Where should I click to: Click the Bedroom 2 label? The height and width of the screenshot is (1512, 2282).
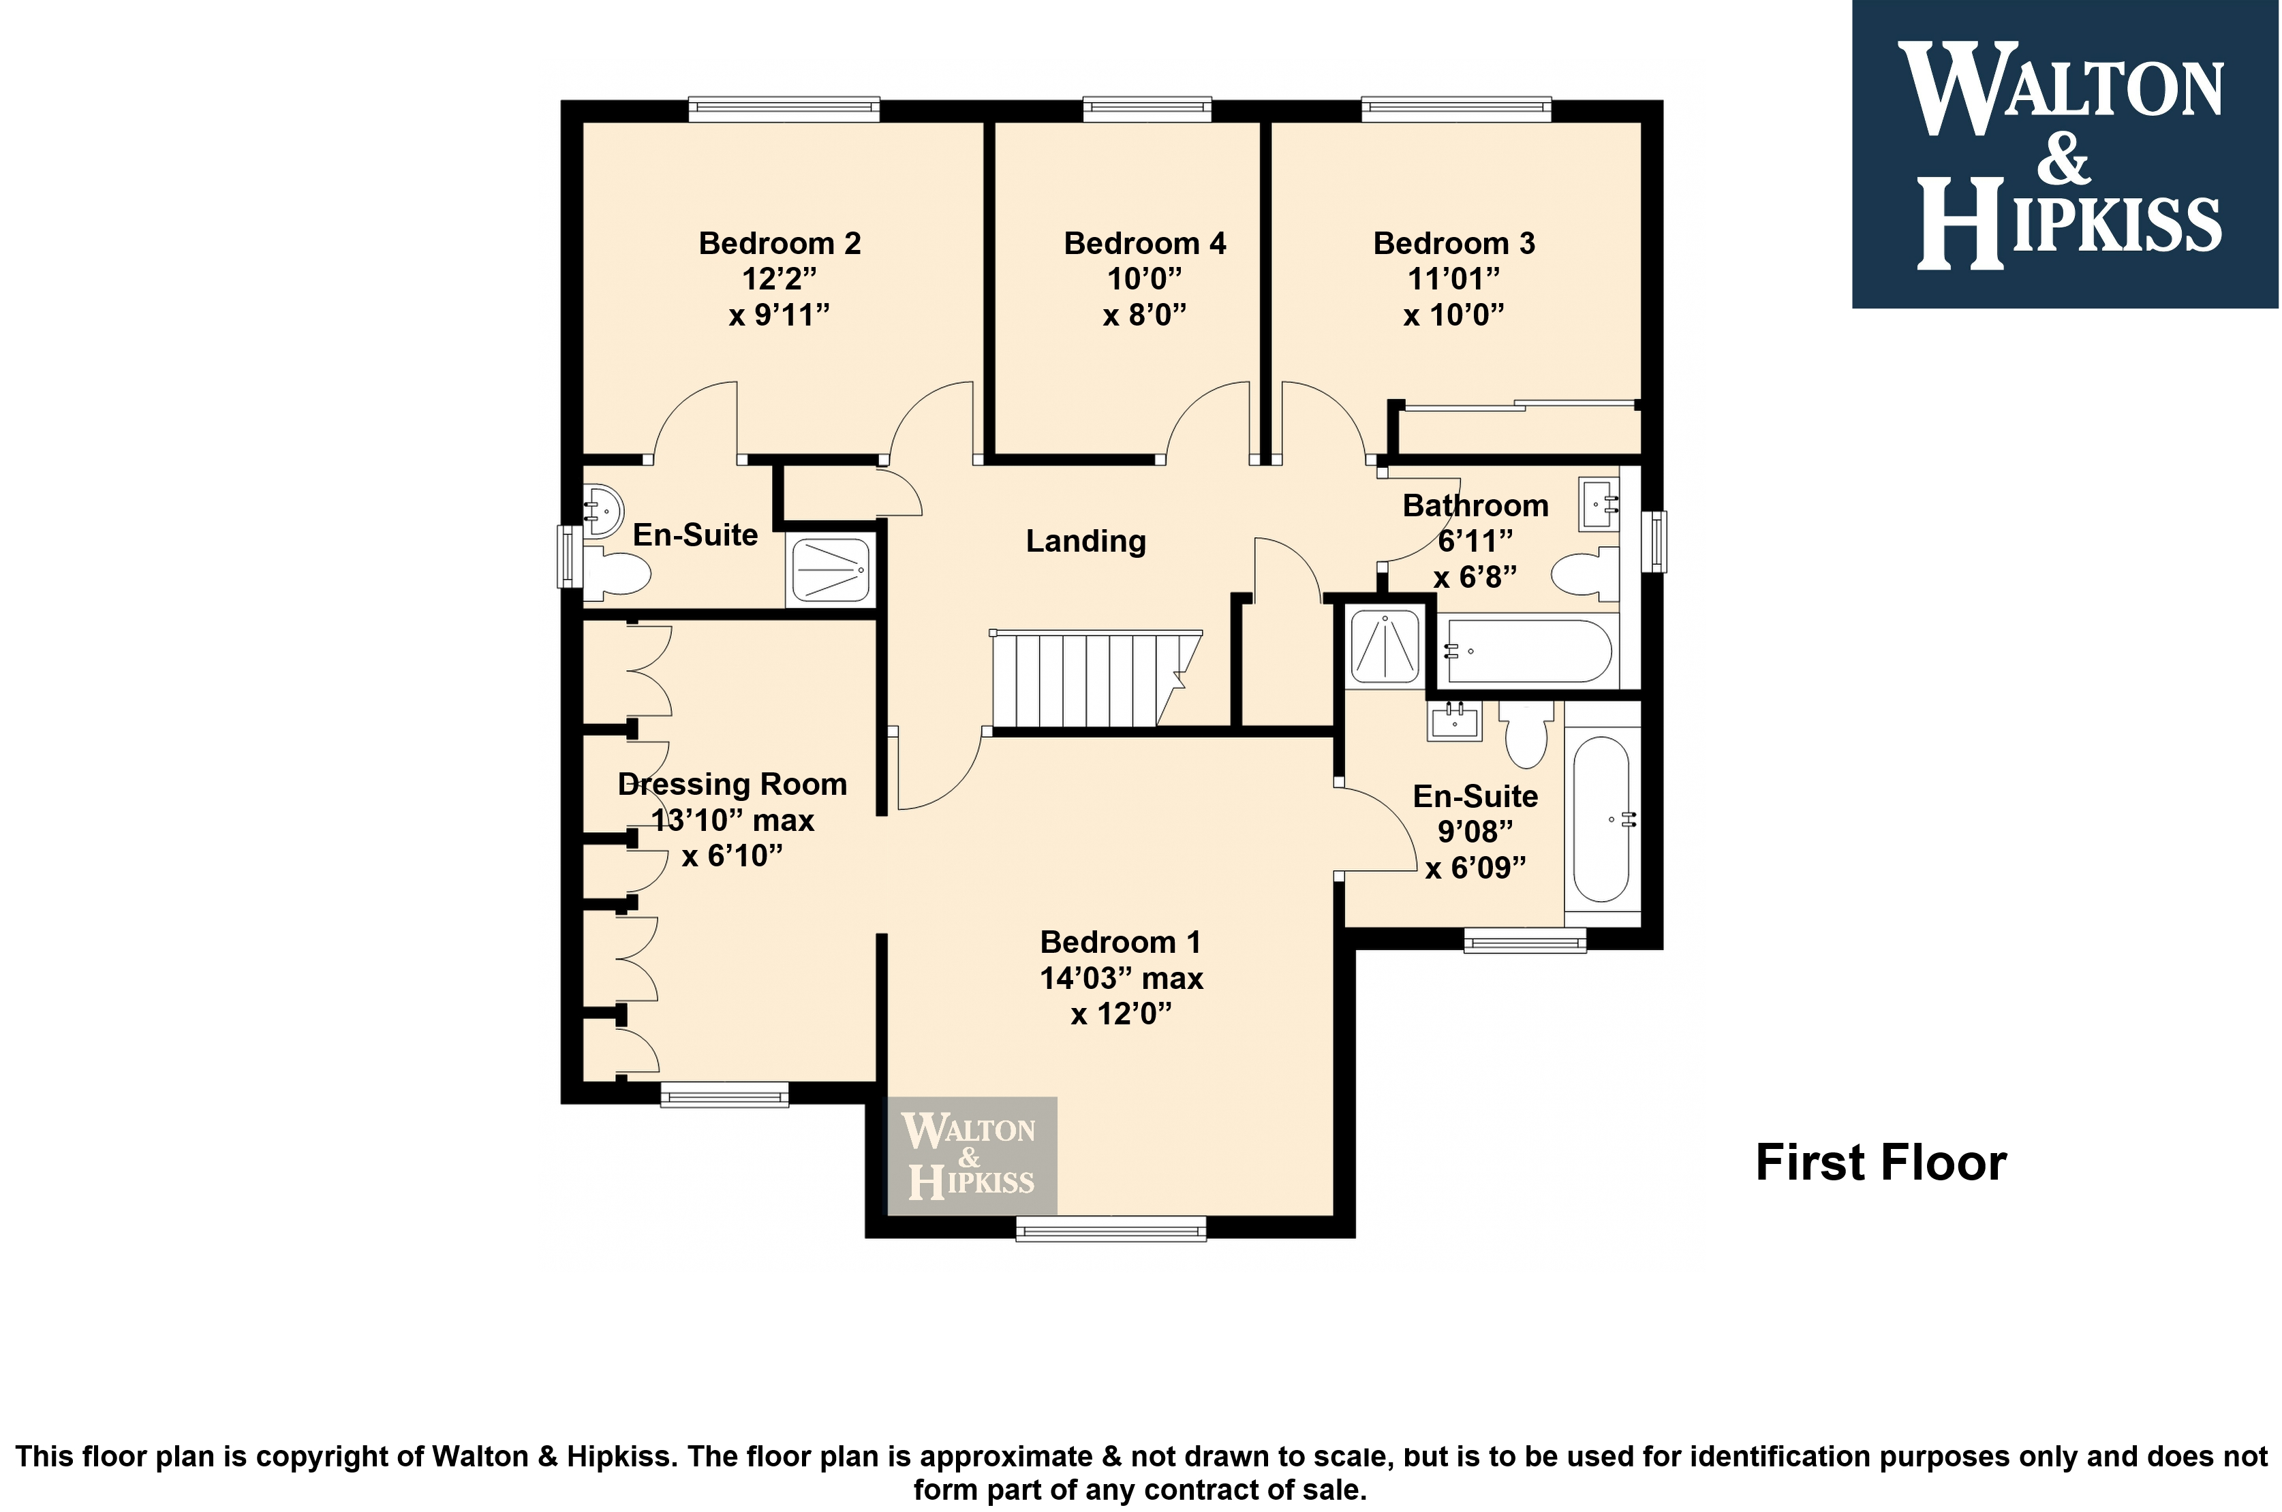pyautogui.click(x=780, y=243)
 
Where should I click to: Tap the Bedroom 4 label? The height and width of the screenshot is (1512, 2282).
pyautogui.click(x=1145, y=243)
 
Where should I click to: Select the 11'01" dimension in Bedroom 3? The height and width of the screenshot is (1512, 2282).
pyautogui.click(x=1453, y=279)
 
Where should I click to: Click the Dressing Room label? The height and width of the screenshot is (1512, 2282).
pyautogui.click(x=732, y=785)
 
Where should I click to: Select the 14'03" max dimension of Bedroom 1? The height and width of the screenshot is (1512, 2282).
pyautogui.click(x=1121, y=979)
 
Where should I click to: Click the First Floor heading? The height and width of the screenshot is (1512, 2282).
pyautogui.click(x=1881, y=1162)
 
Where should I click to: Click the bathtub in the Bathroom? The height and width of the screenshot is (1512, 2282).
pyautogui.click(x=1525, y=652)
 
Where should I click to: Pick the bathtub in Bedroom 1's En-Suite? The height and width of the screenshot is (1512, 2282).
pyautogui.click(x=1602, y=819)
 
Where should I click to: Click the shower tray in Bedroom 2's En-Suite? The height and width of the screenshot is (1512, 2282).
pyautogui.click(x=831, y=569)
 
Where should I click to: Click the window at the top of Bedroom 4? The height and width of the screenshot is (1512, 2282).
pyautogui.click(x=1147, y=109)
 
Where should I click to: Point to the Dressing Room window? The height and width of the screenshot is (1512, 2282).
pyautogui.click(x=724, y=1094)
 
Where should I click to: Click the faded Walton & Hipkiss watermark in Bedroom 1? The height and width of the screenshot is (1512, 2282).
pyautogui.click(x=971, y=1155)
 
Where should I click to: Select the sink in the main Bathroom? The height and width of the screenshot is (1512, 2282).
pyautogui.click(x=1598, y=503)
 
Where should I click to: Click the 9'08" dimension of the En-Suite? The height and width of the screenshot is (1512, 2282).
pyautogui.click(x=1475, y=831)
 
